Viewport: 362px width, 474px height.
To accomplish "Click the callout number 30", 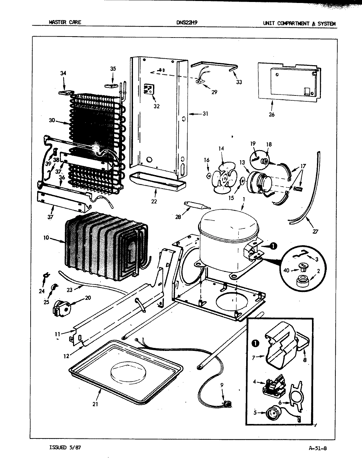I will pos(52,120).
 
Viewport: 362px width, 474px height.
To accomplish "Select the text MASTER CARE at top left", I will pos(65,23).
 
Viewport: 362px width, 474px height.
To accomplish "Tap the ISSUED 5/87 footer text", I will pos(64,447).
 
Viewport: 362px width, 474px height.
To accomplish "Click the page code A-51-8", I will pos(318,447).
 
